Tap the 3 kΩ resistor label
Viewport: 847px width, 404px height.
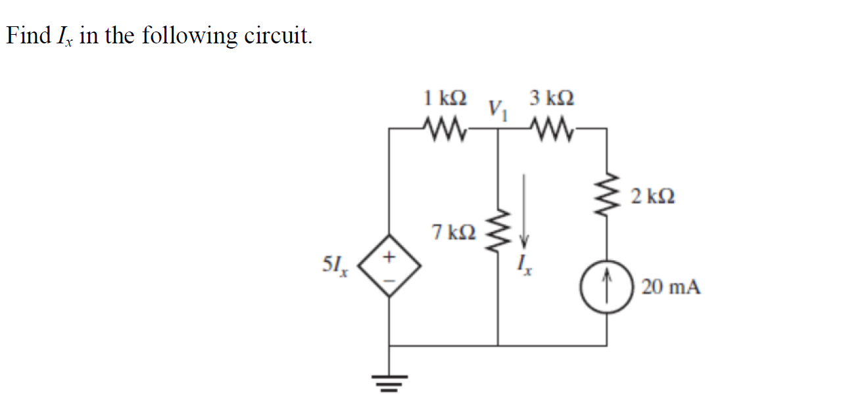point(551,99)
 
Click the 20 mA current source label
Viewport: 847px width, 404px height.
point(671,287)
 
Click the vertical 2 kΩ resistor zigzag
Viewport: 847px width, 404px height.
point(606,195)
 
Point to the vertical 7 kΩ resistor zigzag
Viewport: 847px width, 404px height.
point(498,231)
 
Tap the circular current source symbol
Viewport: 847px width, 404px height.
point(606,288)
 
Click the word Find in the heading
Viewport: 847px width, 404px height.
point(28,35)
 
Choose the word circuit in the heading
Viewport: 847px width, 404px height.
point(278,35)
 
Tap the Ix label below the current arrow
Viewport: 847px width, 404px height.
point(525,265)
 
